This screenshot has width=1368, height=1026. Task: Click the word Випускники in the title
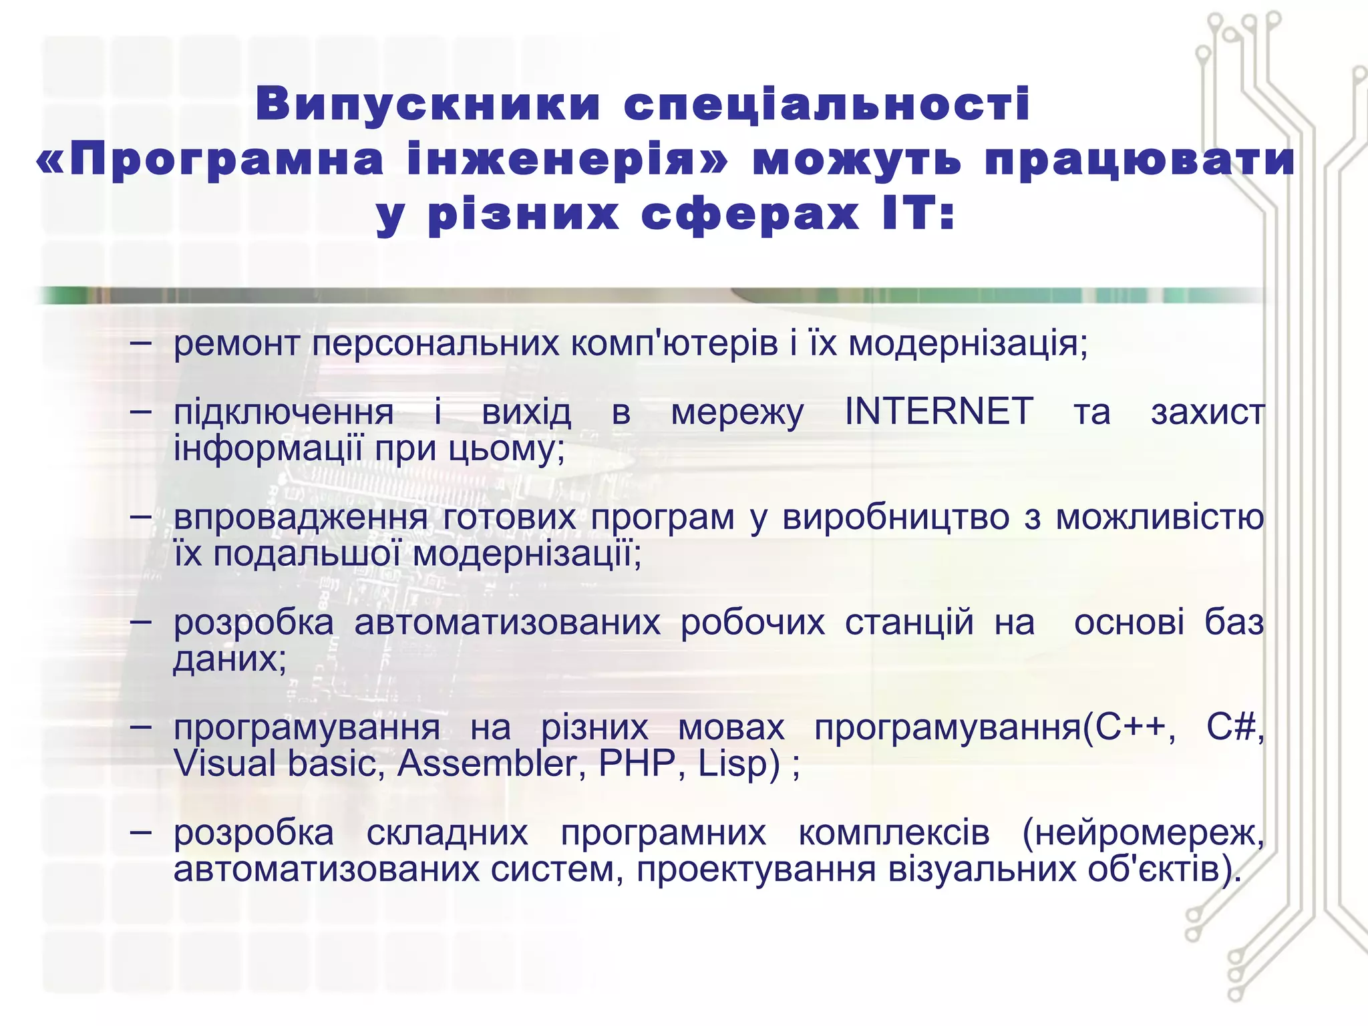[x=428, y=105]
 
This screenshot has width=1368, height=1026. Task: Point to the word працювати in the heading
[x=1140, y=160]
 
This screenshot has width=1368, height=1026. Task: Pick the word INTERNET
[x=939, y=411]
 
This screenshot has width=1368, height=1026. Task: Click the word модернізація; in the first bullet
[x=968, y=344]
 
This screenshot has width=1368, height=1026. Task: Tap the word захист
[x=1208, y=413]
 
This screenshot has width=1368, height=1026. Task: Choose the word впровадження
[x=301, y=518]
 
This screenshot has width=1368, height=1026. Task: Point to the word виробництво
[x=896, y=518]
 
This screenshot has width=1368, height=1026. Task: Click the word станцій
[x=909, y=623]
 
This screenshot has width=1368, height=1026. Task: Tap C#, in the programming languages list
[x=1235, y=727]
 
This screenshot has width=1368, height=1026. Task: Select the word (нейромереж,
[x=1143, y=834]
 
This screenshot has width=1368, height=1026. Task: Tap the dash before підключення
[x=141, y=412]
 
